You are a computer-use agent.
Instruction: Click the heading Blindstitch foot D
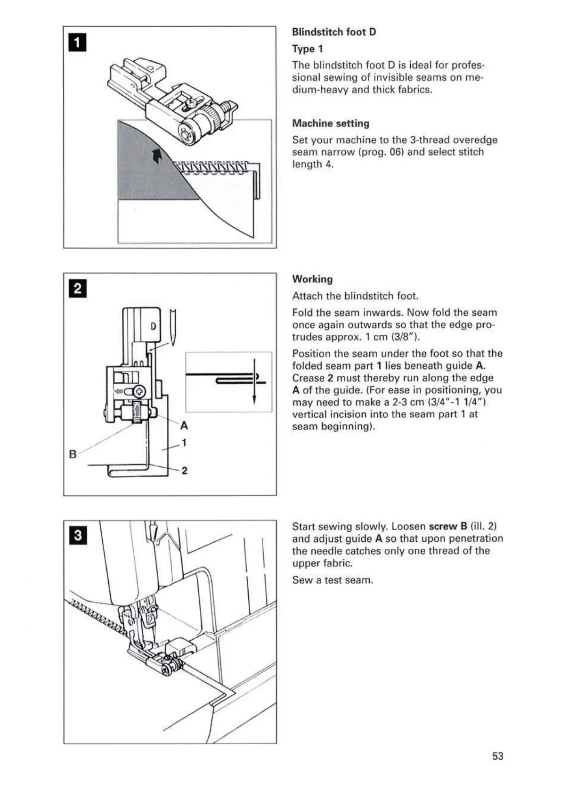tap(334, 32)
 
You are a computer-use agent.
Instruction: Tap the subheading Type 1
tap(307, 49)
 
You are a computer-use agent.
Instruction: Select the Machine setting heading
tap(331, 124)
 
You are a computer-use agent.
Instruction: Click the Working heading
tap(312, 279)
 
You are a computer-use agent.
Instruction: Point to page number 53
tap(497, 756)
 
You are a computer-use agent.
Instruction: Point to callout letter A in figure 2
tap(184, 426)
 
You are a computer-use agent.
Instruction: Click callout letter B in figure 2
tap(73, 455)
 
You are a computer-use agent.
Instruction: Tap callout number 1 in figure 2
tap(184, 443)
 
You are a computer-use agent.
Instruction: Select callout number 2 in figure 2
tap(184, 471)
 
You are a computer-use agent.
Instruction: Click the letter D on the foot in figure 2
tap(153, 326)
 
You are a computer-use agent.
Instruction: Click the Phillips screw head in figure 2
tap(140, 391)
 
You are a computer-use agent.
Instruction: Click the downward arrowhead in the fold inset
tap(254, 400)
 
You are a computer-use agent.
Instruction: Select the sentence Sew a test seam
tap(333, 580)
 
